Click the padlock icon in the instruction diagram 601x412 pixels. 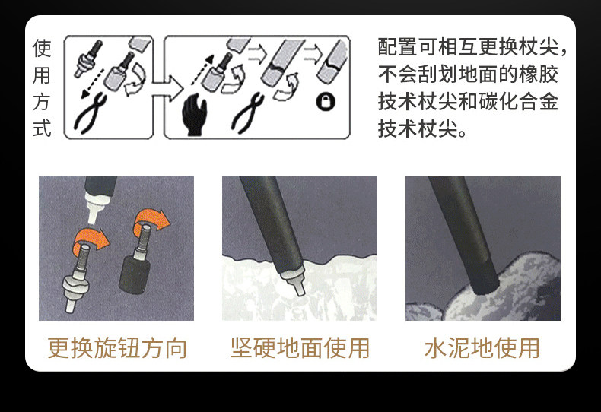(326, 101)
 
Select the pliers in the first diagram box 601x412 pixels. (91, 114)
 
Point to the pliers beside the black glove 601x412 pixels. (248, 113)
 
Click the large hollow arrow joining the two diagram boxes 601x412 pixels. (167, 88)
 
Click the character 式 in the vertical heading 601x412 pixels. (42, 128)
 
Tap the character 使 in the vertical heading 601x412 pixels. (42, 48)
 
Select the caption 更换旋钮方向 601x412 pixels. (117, 348)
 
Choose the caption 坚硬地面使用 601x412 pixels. (300, 348)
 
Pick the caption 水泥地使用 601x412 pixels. (482, 348)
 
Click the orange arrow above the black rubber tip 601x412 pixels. (151, 221)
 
